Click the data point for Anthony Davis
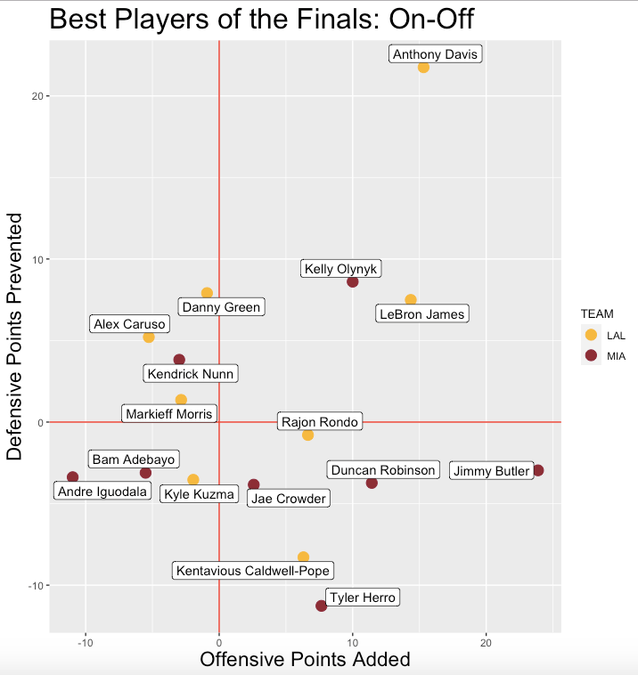[423, 68]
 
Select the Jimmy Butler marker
[538, 470]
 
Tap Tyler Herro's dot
[322, 606]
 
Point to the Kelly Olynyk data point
[353, 282]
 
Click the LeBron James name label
[421, 314]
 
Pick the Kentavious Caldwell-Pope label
[254, 571]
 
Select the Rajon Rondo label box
[319, 422]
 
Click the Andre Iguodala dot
[73, 477]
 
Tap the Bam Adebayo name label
[133, 459]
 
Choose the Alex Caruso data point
[149, 337]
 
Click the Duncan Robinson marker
[372, 483]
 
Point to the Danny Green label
[221, 308]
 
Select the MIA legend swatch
[590, 355]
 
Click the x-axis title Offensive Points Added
[305, 660]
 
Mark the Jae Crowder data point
[254, 484]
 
